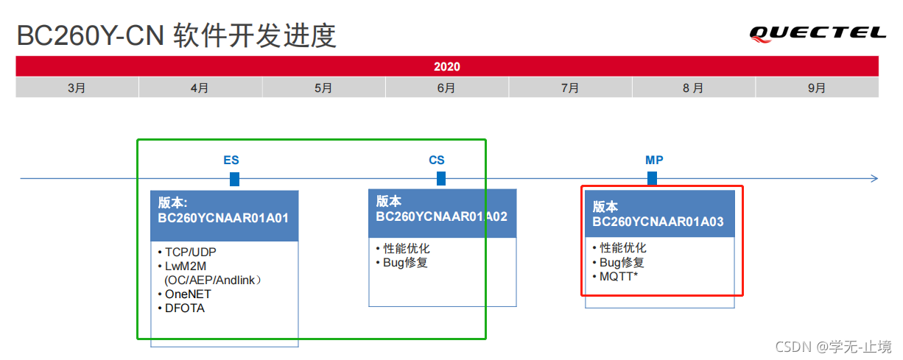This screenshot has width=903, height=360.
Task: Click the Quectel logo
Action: click(818, 32)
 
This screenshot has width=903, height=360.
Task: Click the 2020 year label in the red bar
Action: click(447, 66)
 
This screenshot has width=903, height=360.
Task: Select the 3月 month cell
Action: click(77, 88)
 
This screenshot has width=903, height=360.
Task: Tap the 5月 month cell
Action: click(323, 88)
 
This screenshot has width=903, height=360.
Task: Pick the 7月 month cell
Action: click(569, 88)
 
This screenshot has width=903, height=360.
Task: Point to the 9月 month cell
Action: click(816, 88)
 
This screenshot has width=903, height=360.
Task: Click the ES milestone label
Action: click(231, 160)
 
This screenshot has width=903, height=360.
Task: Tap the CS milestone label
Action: click(437, 160)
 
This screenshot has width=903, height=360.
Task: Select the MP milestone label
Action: click(654, 160)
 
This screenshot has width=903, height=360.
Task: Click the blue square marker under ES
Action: click(234, 179)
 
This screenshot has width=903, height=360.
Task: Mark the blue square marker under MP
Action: click(652, 178)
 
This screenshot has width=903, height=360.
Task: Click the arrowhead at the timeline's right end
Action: click(874, 178)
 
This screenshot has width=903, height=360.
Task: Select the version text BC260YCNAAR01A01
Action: click(223, 219)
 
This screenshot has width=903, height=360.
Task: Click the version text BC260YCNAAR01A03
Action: click(658, 222)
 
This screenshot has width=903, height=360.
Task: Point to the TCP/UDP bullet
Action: click(190, 252)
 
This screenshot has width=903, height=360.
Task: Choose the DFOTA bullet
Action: click(185, 308)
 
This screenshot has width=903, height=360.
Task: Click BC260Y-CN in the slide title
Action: click(90, 35)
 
